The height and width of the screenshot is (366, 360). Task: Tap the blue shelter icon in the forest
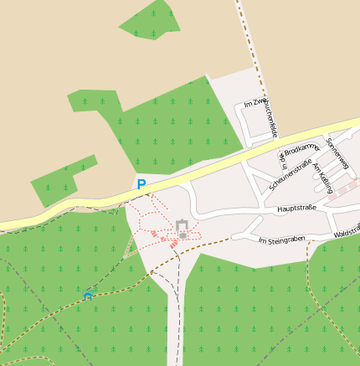(88, 295)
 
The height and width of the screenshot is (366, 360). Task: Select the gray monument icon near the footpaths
(182, 227)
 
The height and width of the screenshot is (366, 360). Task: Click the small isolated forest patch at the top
(152, 21)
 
